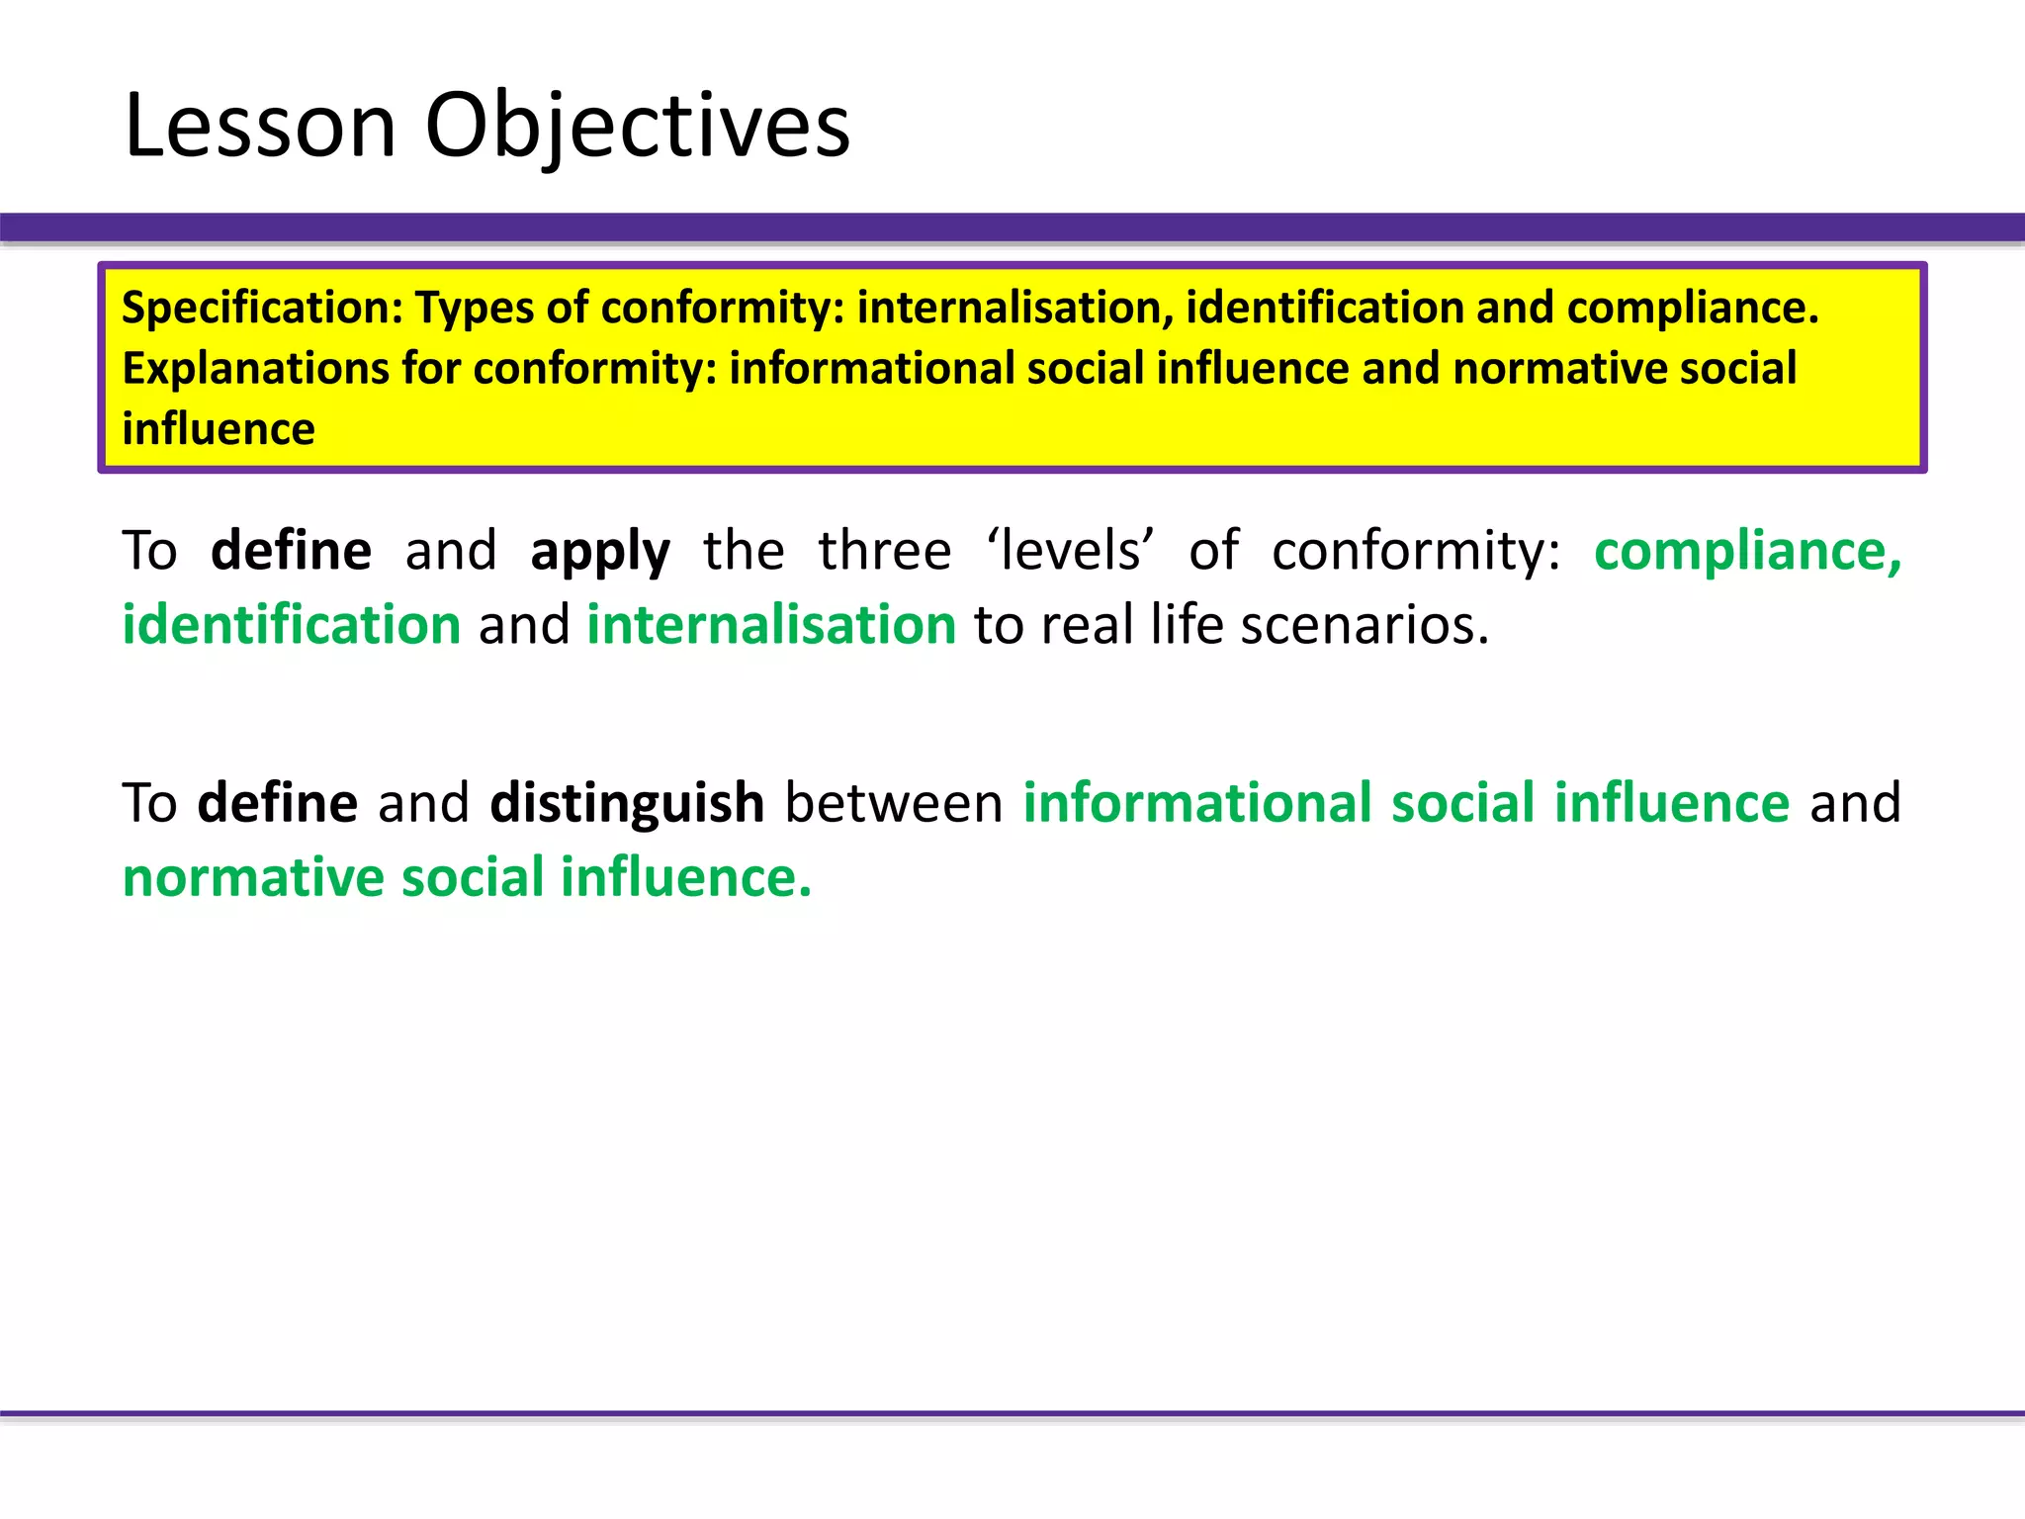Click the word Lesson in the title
[x=260, y=125]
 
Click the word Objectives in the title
[x=637, y=127]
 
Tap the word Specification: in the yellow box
[x=262, y=308]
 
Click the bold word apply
[x=600, y=552]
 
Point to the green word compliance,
[x=1747, y=550]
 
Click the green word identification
[x=292, y=625]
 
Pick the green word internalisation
[x=771, y=625]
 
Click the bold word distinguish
[x=627, y=802]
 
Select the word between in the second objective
[x=894, y=802]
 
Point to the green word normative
[x=253, y=877]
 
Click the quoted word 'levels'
[x=1071, y=550]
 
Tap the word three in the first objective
[x=884, y=550]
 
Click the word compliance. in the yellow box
[x=1693, y=308]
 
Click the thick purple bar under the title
[x=1012, y=226]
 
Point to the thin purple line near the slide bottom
[x=1012, y=1413]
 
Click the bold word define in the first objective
[x=292, y=550]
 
